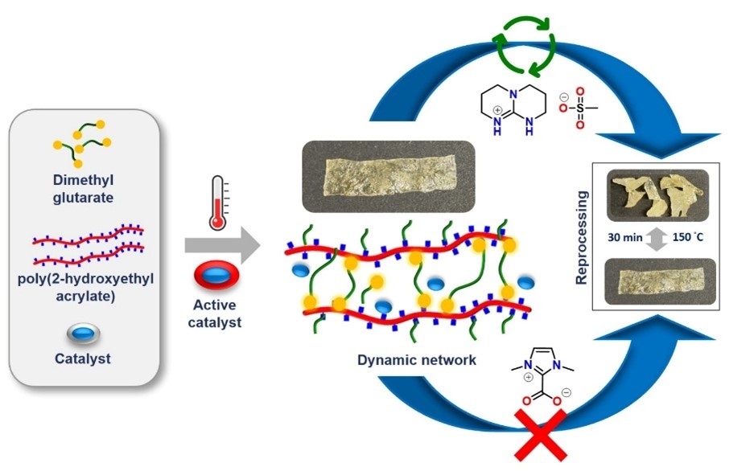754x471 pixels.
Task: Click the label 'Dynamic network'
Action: pos(417,360)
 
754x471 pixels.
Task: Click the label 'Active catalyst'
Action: pos(217,313)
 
